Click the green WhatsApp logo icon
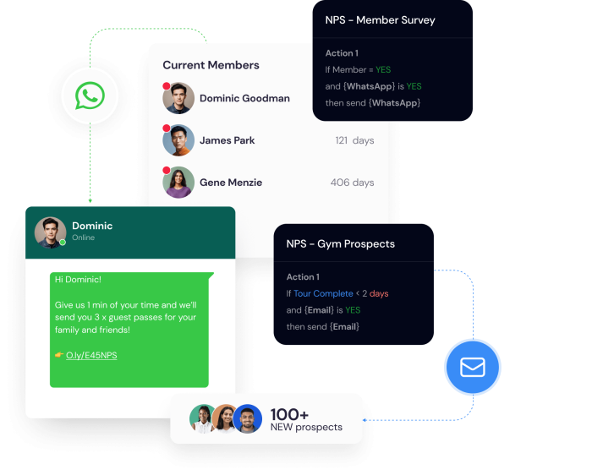pyautogui.click(x=90, y=96)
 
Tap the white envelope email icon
pyautogui.click(x=473, y=367)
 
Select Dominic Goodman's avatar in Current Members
pyautogui.click(x=178, y=98)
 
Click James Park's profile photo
pyautogui.click(x=178, y=140)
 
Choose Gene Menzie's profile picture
pyautogui.click(x=178, y=183)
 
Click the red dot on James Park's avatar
pyautogui.click(x=166, y=128)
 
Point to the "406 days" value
pyautogui.click(x=353, y=183)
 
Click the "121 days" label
pyautogui.click(x=354, y=140)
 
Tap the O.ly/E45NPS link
pyautogui.click(x=91, y=355)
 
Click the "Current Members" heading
pyautogui.click(x=211, y=65)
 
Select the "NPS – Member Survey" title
pyautogui.click(x=381, y=20)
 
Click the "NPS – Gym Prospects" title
pyautogui.click(x=341, y=244)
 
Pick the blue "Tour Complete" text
pyautogui.click(x=323, y=293)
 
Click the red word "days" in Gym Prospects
pyautogui.click(x=379, y=293)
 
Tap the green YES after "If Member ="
pyautogui.click(x=383, y=70)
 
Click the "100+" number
pyautogui.click(x=289, y=415)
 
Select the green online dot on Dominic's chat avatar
pyautogui.click(x=63, y=243)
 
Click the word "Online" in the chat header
pyautogui.click(x=84, y=237)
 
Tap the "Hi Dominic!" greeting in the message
pyautogui.click(x=78, y=280)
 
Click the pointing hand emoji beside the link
pyautogui.click(x=59, y=355)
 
